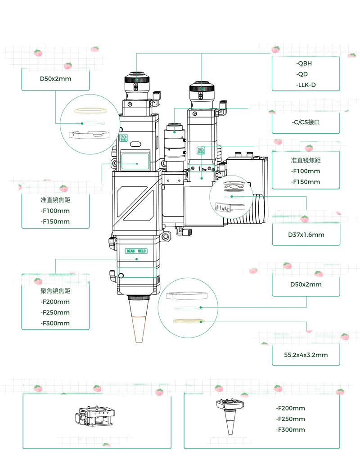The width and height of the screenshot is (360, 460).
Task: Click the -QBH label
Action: click(x=304, y=63)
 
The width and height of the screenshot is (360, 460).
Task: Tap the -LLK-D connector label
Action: click(x=306, y=85)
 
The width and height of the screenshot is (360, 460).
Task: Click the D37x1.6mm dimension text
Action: click(x=306, y=235)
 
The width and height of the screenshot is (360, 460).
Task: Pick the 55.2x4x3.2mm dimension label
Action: click(x=306, y=355)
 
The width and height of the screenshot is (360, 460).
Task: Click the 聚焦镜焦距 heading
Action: click(x=55, y=291)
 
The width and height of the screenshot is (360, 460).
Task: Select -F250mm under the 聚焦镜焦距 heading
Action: click(x=55, y=312)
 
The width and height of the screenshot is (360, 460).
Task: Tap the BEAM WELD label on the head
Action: click(x=137, y=251)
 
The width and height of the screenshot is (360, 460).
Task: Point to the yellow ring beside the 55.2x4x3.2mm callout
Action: click(x=188, y=321)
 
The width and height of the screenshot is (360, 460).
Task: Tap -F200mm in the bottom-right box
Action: click(x=291, y=408)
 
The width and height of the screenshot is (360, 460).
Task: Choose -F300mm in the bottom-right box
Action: click(x=291, y=430)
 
